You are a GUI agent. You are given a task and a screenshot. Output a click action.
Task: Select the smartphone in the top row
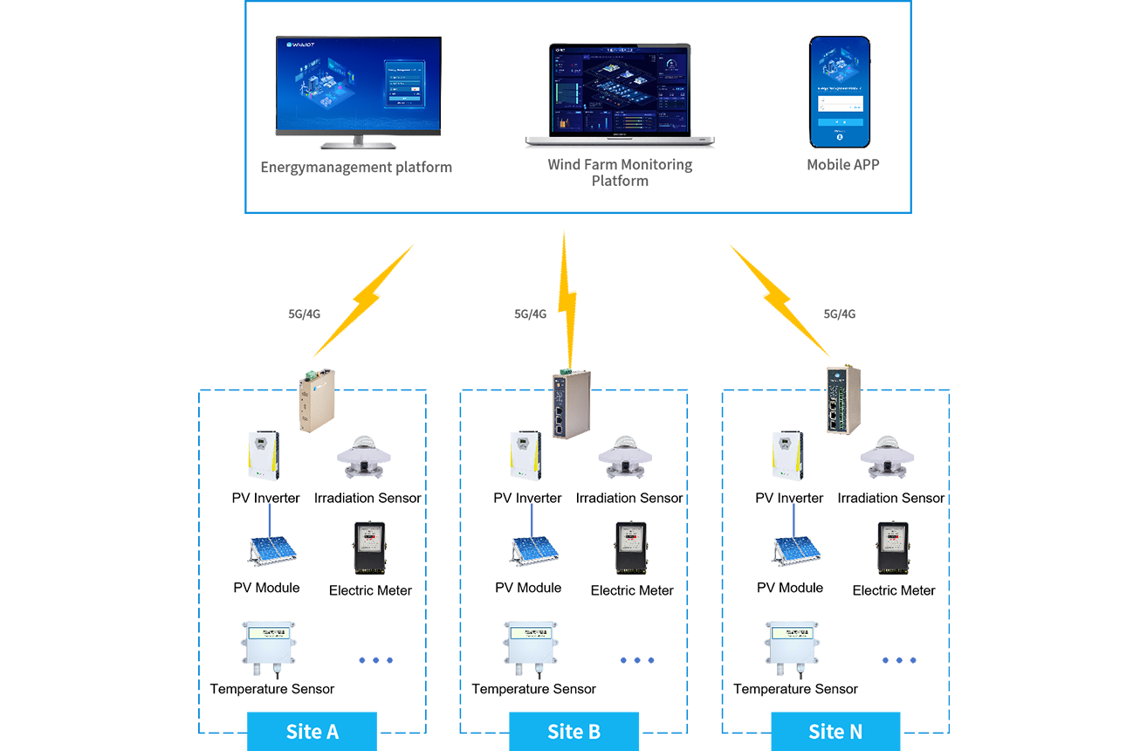pyautogui.click(x=839, y=91)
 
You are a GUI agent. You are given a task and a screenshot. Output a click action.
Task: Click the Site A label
pyautogui.click(x=312, y=731)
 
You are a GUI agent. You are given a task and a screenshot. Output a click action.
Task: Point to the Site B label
pyautogui.click(x=573, y=731)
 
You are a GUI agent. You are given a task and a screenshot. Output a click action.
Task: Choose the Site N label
pyautogui.click(x=835, y=731)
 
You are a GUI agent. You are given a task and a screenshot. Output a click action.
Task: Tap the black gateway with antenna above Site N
pyautogui.click(x=843, y=397)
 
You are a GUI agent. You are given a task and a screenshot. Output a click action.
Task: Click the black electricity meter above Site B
pyautogui.click(x=629, y=547)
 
